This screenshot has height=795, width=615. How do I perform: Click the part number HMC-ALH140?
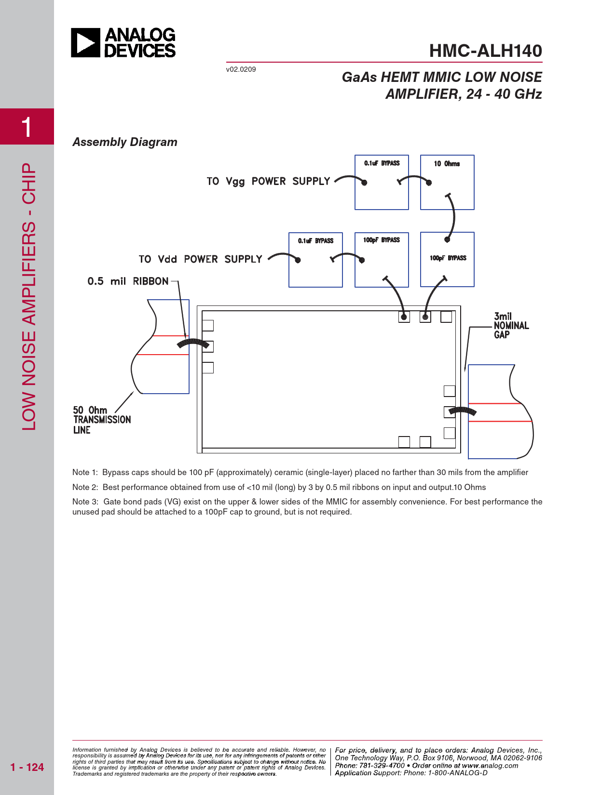pyautogui.click(x=485, y=51)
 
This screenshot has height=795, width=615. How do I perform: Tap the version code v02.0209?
pyautogui.click(x=241, y=69)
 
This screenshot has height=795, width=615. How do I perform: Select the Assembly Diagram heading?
pyautogui.click(x=125, y=142)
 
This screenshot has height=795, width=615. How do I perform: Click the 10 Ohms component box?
pyautogui.click(x=447, y=182)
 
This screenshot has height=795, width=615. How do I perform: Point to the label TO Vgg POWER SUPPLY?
pyautogui.click(x=268, y=182)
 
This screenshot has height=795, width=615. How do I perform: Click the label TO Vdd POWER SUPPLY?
pyautogui.click(x=200, y=259)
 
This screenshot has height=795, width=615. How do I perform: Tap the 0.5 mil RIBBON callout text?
pyautogui.click(x=128, y=281)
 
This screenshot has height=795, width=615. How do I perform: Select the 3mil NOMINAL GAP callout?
pyautogui.click(x=511, y=326)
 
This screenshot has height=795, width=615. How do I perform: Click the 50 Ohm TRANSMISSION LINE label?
pyautogui.click(x=101, y=420)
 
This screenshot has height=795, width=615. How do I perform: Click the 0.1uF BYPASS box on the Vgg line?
pyautogui.click(x=382, y=182)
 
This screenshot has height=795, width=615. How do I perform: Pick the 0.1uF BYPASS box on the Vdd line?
pyautogui.click(x=315, y=260)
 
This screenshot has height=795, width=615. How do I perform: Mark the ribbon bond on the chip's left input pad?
pyautogui.click(x=193, y=343)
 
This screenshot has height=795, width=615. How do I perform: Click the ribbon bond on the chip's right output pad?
pyautogui.click(x=463, y=411)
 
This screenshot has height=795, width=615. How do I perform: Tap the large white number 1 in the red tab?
pyautogui.click(x=27, y=127)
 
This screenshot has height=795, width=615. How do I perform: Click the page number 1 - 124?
pyautogui.click(x=27, y=767)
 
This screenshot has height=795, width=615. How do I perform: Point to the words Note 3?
pyautogui.click(x=85, y=502)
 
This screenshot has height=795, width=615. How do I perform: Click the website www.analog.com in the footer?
pyautogui.click(x=490, y=766)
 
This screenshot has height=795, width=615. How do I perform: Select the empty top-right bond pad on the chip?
pyautogui.click(x=446, y=317)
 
